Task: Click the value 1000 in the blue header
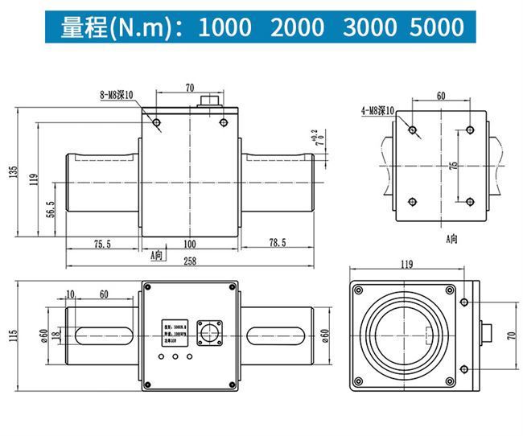point(224,27)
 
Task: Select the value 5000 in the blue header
point(436,27)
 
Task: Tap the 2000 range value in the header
point(298,27)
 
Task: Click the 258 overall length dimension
point(190,261)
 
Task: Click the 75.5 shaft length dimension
point(102,243)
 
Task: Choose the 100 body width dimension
point(190,243)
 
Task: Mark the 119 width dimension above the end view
point(406,264)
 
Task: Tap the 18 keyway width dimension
point(55,335)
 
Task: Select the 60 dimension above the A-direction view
point(441,95)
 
